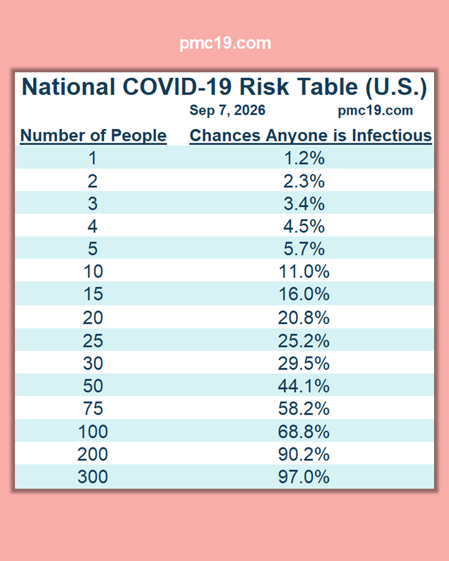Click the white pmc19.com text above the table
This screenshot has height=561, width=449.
tap(225, 43)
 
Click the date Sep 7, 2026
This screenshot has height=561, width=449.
tap(228, 110)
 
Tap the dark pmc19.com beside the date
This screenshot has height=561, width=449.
tap(375, 110)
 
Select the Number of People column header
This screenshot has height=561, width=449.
tap(94, 136)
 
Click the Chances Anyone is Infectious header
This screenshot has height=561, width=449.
tap(311, 136)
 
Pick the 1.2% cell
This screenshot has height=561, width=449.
tap(304, 158)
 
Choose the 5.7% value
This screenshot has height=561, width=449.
tap(304, 249)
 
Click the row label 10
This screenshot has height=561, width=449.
tap(93, 272)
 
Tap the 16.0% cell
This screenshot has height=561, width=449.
tap(304, 294)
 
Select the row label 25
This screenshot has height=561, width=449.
tap(93, 340)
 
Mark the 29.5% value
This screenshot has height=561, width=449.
tap(304, 363)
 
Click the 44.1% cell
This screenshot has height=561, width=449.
tap(304, 386)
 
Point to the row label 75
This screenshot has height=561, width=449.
tap(93, 408)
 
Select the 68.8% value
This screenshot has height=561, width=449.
tap(304, 431)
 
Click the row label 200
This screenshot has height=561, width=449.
tap(93, 454)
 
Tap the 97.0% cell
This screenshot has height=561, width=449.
tap(304, 477)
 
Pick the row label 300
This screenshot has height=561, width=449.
tap(93, 477)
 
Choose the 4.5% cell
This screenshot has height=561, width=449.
tap(304, 226)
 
